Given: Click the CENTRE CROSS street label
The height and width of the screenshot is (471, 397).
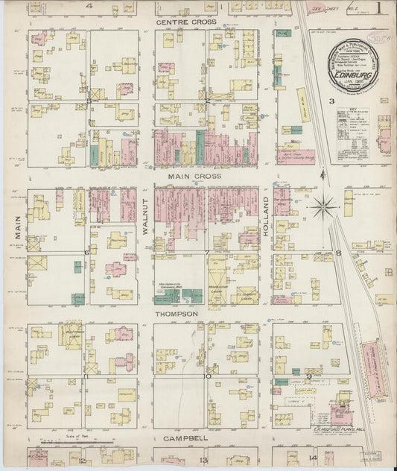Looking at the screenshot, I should (x=186, y=22).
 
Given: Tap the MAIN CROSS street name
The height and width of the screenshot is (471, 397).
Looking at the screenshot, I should (x=194, y=177).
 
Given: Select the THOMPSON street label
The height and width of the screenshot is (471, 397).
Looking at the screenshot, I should (x=177, y=314).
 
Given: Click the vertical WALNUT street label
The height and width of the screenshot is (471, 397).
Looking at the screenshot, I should (x=146, y=218).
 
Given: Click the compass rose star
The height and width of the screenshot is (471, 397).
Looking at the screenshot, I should (x=323, y=206).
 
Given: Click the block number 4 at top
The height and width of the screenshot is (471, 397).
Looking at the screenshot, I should (x=89, y=5).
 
